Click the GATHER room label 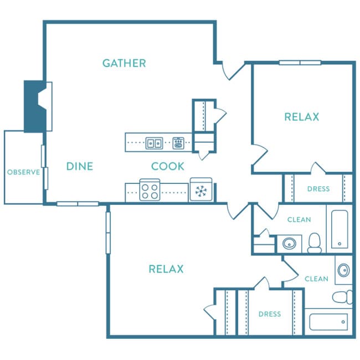(124, 63)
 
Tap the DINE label (80, 166)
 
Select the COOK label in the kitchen (168, 166)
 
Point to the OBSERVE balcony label (23, 172)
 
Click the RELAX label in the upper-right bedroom (302, 117)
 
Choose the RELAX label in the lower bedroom (166, 269)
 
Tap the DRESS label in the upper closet (318, 189)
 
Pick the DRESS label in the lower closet (270, 314)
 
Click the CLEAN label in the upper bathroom (299, 220)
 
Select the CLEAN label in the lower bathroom (316, 279)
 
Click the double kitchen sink (155, 143)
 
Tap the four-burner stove (150, 189)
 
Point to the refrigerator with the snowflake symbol (201, 189)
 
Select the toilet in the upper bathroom (315, 243)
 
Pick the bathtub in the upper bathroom (340, 229)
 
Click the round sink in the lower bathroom (344, 270)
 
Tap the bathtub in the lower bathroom (328, 322)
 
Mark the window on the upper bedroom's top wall (300, 63)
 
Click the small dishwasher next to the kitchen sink (178, 143)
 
